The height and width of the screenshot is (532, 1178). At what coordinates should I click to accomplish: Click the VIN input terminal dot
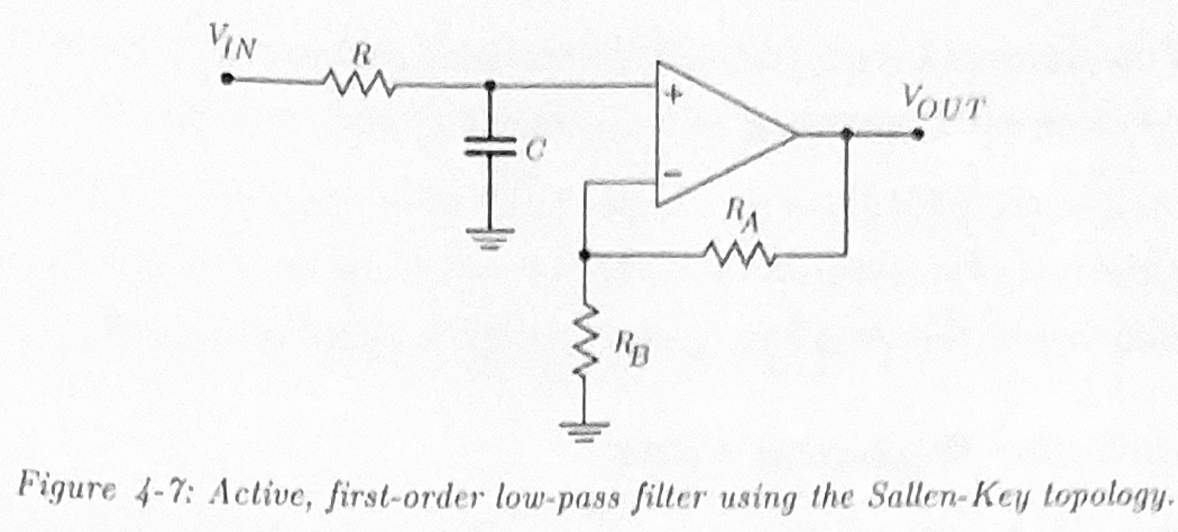(x=226, y=78)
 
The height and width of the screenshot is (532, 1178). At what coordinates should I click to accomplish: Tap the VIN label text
(x=233, y=43)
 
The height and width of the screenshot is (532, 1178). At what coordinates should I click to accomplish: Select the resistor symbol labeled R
(x=358, y=85)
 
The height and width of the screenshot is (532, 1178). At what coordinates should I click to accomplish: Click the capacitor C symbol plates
(x=490, y=146)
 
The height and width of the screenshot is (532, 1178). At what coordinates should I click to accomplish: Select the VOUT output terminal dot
(x=917, y=134)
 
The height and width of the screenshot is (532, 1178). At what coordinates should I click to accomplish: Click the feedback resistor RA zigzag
(x=739, y=255)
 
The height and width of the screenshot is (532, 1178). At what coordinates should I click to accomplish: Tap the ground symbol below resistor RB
(x=585, y=430)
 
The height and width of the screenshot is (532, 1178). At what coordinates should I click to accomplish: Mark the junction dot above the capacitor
(x=490, y=86)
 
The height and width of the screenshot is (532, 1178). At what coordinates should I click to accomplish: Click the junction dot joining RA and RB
(x=585, y=256)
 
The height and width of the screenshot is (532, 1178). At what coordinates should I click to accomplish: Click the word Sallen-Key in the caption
(x=942, y=495)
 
